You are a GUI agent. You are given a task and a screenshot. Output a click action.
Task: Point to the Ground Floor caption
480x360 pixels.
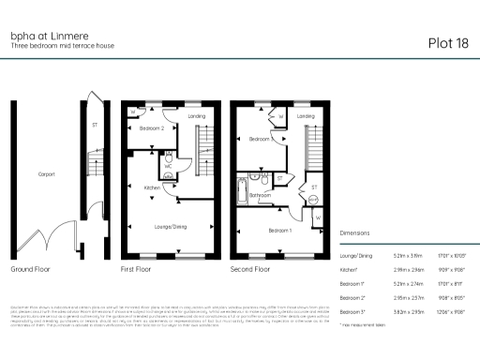point(32,269)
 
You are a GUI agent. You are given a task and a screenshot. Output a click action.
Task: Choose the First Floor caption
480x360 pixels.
point(137,269)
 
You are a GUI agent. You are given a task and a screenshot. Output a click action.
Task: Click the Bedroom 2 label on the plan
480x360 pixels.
point(152,127)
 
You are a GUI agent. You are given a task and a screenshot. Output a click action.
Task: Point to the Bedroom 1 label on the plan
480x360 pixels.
point(279,230)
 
